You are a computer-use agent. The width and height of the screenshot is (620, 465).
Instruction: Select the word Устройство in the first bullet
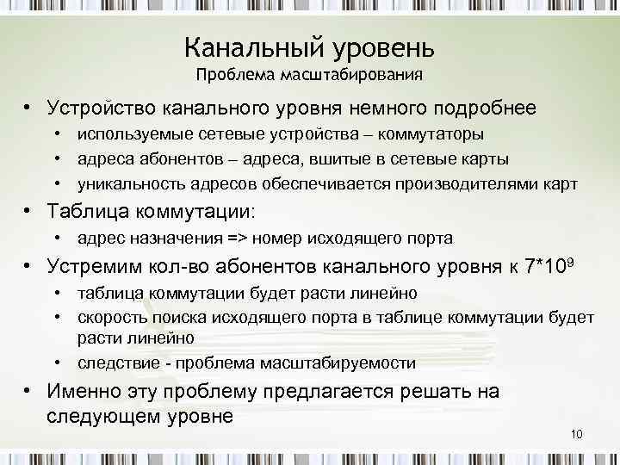(96, 109)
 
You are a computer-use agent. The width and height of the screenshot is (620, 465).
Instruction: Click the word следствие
(115, 363)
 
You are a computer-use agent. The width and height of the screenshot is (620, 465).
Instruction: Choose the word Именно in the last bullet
(84, 392)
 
